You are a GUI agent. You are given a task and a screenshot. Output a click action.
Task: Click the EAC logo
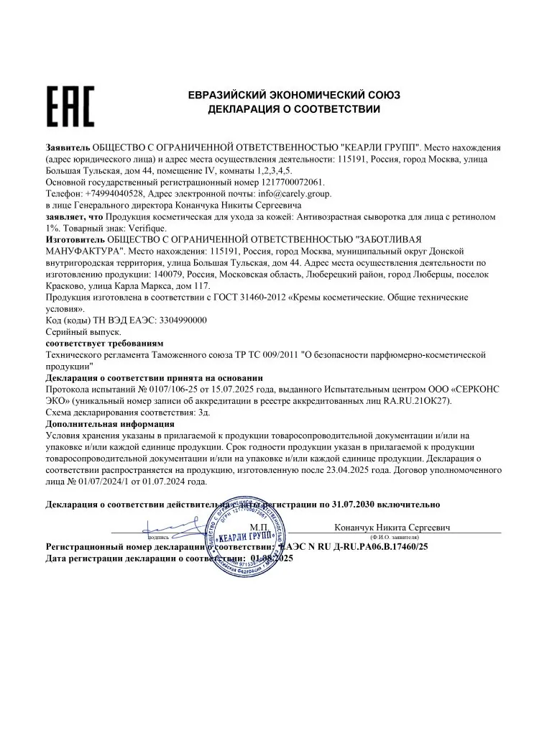click(70, 106)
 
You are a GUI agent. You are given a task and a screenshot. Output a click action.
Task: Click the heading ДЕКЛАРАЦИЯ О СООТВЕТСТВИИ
click(294, 110)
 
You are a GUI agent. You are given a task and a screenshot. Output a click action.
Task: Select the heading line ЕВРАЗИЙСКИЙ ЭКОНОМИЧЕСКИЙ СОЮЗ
click(294, 95)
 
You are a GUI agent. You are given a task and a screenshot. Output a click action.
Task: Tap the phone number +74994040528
click(115, 193)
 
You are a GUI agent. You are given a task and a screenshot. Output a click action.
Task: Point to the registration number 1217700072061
click(287, 183)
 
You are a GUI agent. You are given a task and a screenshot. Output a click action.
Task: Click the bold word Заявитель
click(68, 147)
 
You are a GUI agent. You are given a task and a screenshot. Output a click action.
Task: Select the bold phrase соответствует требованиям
click(104, 343)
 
